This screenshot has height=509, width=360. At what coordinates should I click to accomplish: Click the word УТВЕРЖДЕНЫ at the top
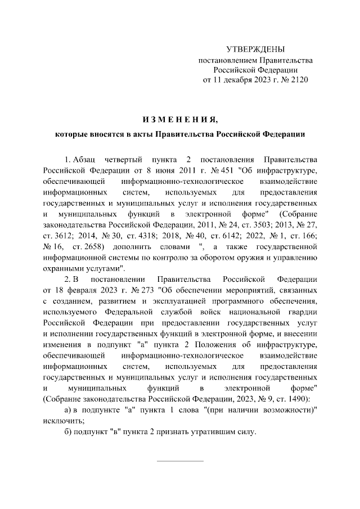point(255,49)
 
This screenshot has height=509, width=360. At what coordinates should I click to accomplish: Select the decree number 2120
point(298,80)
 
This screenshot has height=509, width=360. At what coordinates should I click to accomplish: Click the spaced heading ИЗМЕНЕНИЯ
point(179,119)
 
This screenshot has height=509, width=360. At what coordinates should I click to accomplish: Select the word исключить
point(63,421)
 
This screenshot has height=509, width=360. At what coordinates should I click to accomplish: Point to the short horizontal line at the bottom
point(180,461)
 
